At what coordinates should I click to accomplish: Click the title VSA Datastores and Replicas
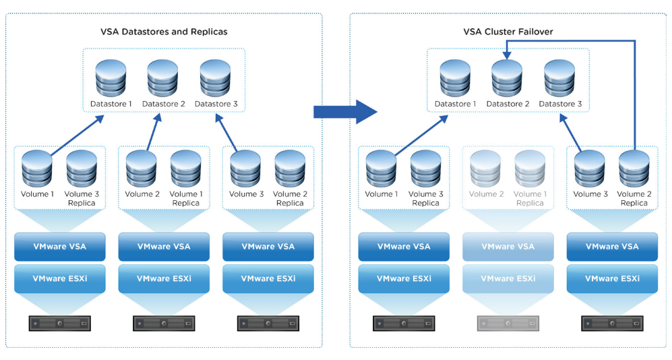[x=163, y=32]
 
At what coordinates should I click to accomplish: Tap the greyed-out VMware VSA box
[x=508, y=247]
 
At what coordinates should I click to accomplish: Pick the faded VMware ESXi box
[x=508, y=278]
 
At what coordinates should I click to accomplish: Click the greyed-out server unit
[x=508, y=324]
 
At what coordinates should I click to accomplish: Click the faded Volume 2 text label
[x=486, y=194]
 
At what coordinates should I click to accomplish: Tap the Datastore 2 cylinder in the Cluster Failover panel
[x=507, y=78]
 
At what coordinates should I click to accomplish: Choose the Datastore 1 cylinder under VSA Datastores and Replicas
[x=111, y=78]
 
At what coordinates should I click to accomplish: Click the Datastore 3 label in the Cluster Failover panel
[x=560, y=104]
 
